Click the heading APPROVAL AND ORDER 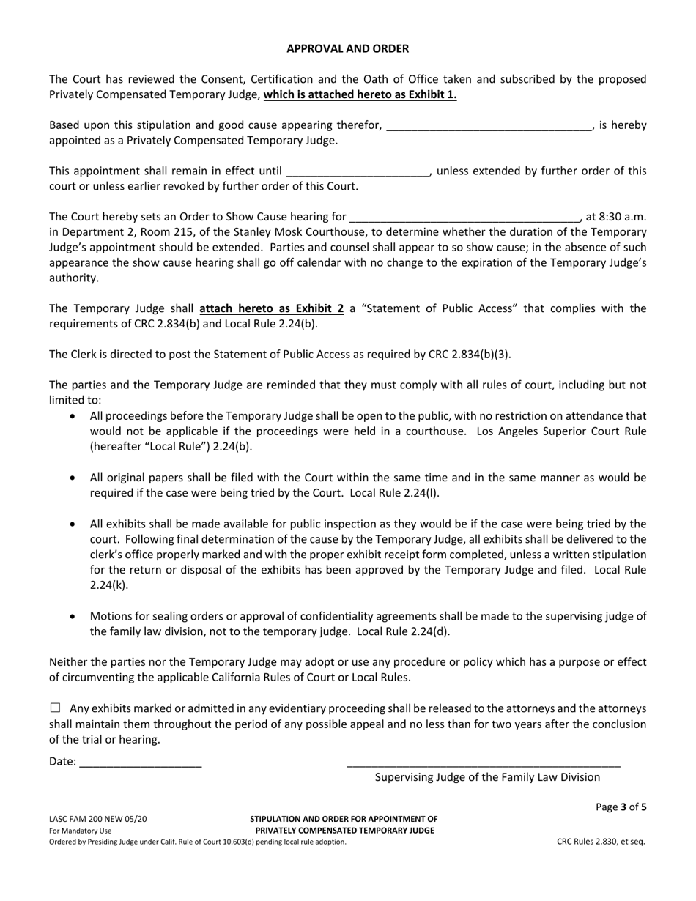347,48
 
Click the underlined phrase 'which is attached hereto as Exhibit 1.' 360,94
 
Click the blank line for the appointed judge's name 489,126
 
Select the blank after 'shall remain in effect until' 358,171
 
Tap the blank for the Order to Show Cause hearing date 465,218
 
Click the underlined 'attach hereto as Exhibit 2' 271,308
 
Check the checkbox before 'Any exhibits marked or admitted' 56,708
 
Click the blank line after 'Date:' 140,762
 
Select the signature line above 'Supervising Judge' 483,762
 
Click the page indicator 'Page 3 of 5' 621,808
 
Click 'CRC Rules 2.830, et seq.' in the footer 601,842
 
